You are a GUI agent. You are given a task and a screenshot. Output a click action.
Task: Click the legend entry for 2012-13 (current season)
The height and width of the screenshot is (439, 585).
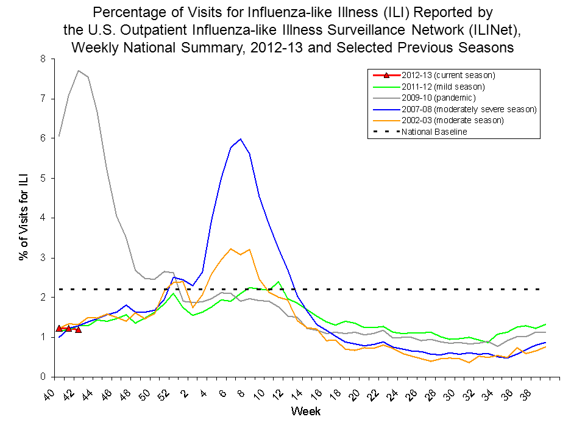[x=448, y=75]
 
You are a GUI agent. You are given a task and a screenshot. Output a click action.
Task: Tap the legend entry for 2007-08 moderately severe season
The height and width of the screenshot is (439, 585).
[x=469, y=109]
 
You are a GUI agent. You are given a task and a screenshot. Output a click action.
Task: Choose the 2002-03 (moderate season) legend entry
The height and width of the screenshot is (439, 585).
[x=453, y=120]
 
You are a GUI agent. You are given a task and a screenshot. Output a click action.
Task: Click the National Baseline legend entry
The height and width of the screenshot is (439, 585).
[x=434, y=132]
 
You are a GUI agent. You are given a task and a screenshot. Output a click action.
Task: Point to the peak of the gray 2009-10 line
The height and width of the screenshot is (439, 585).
[x=79, y=71]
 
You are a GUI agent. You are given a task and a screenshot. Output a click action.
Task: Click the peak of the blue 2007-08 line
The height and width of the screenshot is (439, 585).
[x=241, y=139]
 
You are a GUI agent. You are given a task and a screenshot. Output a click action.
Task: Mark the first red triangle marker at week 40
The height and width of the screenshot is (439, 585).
[x=59, y=329]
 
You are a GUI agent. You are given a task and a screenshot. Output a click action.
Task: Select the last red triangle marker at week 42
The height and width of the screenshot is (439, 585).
[x=78, y=330]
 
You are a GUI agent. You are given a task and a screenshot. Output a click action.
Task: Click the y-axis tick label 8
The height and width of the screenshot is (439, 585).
[x=42, y=59]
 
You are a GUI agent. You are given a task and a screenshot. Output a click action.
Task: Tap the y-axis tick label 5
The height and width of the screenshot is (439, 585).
[x=42, y=178]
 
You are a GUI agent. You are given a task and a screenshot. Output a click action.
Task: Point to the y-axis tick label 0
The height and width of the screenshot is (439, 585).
[x=42, y=377]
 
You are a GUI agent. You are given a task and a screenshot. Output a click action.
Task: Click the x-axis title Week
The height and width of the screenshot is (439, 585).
[x=305, y=412]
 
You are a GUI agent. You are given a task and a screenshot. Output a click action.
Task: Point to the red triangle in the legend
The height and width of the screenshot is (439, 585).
[x=386, y=75]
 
